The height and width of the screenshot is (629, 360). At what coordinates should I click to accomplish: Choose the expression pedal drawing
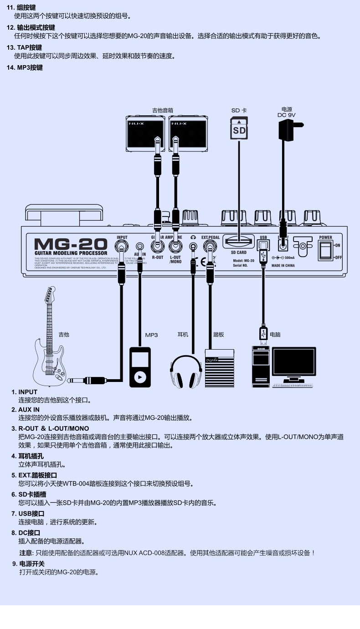coord(219,369)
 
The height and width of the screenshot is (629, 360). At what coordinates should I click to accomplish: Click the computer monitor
coord(294,362)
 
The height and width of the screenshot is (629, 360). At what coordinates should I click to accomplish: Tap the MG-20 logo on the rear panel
coord(71,244)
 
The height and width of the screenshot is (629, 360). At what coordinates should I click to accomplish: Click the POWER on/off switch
coord(325,250)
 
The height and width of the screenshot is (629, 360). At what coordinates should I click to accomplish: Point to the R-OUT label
coord(158,258)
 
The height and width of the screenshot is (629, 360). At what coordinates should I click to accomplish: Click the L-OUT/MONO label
coord(175,259)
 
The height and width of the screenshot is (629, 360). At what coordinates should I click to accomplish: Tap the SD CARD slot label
coord(238,253)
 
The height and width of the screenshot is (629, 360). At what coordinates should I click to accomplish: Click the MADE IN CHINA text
coord(283,265)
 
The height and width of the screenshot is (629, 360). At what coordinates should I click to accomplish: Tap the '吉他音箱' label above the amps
coord(163,110)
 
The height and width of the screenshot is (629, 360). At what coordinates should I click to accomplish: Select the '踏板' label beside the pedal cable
coord(219,335)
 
